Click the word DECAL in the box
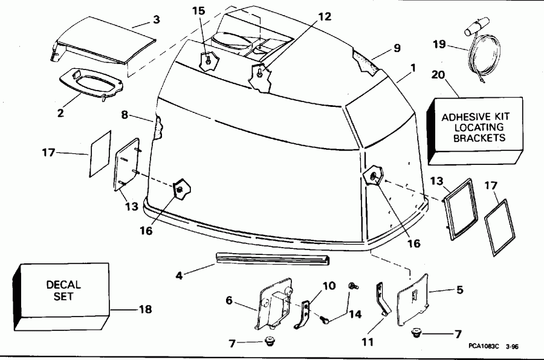tap(63, 285)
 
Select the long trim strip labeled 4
tap(272, 259)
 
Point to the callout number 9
tap(397, 48)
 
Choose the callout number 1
tap(412, 68)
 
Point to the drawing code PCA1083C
tap(482, 347)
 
